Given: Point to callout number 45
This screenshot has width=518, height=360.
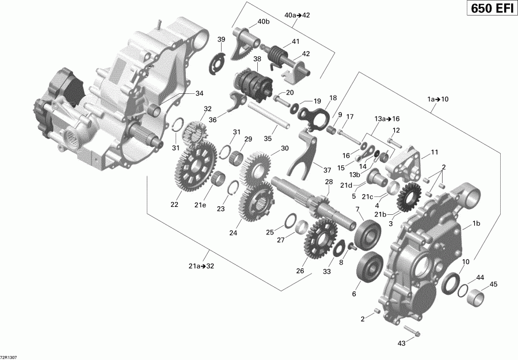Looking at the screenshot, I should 493,284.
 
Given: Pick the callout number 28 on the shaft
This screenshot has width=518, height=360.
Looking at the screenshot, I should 329,182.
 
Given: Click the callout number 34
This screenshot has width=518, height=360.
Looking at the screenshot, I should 199,93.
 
